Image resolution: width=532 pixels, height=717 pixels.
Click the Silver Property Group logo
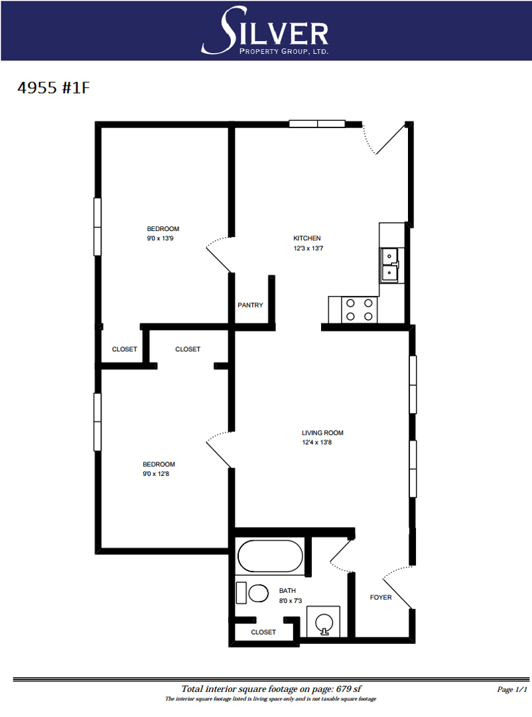[265, 31]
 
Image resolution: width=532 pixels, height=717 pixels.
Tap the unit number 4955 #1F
[54, 88]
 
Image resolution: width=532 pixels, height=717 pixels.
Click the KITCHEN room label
[307, 238]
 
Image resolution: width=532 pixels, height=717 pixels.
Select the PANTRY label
[250, 305]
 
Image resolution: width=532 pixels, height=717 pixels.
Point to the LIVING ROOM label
[322, 433]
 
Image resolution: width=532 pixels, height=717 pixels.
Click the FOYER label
[381, 597]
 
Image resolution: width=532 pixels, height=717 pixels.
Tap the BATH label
[287, 591]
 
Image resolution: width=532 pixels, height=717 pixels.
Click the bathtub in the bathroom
[270, 556]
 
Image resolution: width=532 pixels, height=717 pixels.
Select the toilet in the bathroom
[253, 593]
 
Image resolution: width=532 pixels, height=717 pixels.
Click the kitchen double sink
[390, 265]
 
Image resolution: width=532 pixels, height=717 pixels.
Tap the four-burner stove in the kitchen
[360, 309]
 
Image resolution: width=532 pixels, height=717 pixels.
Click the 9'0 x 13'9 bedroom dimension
[160, 238]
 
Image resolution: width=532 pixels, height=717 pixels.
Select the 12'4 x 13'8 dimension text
[316, 442]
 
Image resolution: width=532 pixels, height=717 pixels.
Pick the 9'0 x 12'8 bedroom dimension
[156, 474]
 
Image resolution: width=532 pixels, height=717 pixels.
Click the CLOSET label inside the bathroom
[263, 632]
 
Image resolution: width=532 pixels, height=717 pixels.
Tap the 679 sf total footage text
[349, 688]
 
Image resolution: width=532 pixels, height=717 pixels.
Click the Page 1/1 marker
[512, 689]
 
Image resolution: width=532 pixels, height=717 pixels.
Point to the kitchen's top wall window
[317, 123]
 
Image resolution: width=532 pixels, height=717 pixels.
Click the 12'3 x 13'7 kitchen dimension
[308, 248]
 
